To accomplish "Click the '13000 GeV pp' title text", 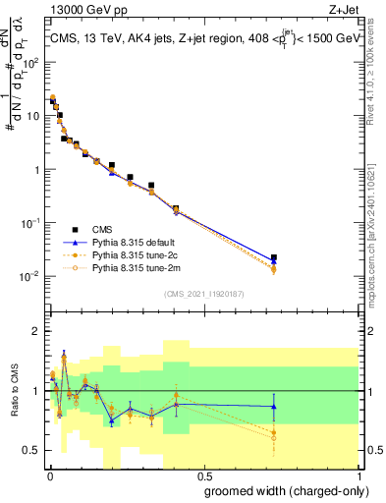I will coord(85,8).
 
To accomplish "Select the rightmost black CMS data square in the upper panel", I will coord(273,258).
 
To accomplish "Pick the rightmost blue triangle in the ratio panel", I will coord(273,406).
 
